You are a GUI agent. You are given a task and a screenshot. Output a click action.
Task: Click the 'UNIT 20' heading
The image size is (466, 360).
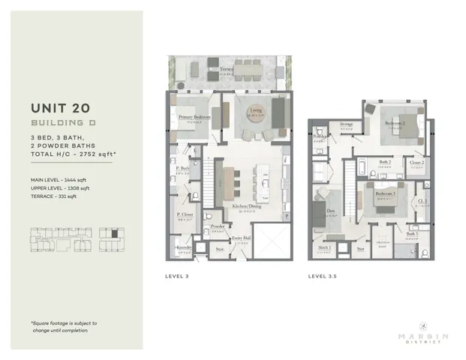click(61, 108)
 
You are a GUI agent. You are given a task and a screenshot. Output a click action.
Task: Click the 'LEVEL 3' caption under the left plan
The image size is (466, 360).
click(177, 276)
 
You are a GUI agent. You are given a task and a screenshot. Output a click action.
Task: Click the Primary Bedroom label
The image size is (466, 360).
click(194, 118)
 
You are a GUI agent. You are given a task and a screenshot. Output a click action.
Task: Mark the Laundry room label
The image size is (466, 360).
click(185, 246)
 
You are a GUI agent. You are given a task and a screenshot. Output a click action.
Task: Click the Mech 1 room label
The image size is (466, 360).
click(324, 247)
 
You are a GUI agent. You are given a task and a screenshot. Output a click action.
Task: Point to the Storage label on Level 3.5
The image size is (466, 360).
click(346, 124)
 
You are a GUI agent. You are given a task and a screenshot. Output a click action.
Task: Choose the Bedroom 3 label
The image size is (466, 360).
click(385, 193)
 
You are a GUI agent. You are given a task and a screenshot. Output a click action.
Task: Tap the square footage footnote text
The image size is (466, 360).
click(64, 325)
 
